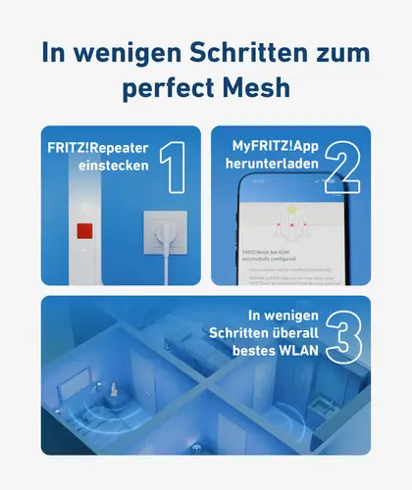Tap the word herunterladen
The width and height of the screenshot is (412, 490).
(277, 166)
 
